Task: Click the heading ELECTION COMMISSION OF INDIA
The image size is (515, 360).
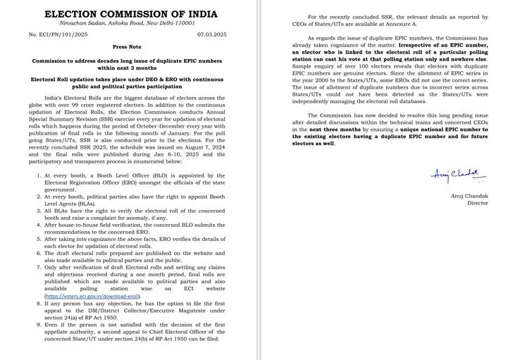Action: [126, 13]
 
